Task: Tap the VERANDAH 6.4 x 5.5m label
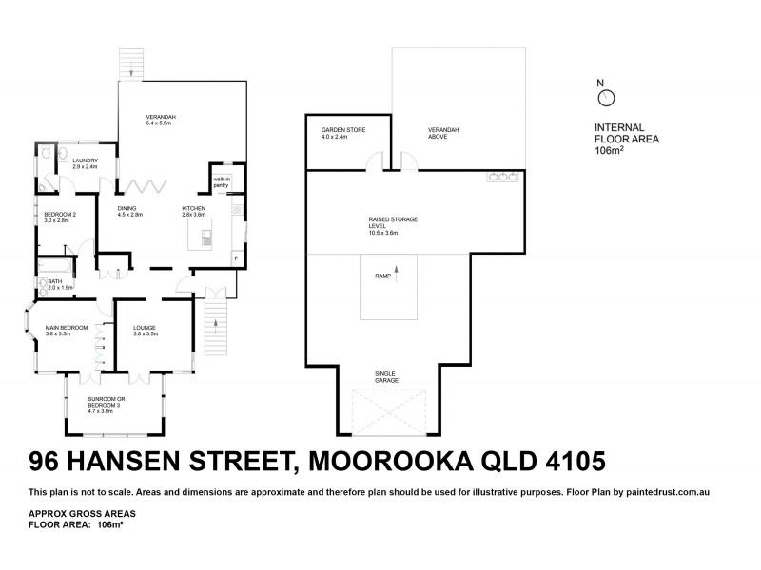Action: tap(161, 121)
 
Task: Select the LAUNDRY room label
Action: tap(86, 164)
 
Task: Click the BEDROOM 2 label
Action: tap(60, 218)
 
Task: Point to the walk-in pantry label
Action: tap(222, 182)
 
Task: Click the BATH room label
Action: tap(54, 284)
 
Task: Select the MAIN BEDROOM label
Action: tap(67, 332)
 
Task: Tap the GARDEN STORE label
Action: tap(342, 133)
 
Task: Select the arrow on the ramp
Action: tap(397, 270)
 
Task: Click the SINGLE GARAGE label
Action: tap(386, 377)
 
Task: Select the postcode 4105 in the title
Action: tap(572, 463)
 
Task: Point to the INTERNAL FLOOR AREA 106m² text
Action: tap(626, 139)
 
